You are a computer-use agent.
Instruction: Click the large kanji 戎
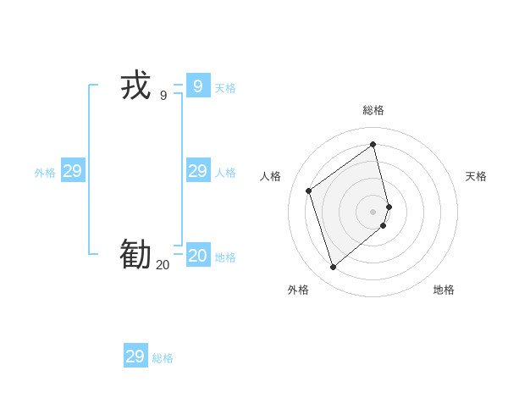tap(135, 86)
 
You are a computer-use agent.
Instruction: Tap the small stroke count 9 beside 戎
tap(163, 96)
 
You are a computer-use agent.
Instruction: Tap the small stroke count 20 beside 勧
tap(163, 265)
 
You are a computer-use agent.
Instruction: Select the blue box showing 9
tap(197, 86)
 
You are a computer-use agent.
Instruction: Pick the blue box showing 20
tap(197, 255)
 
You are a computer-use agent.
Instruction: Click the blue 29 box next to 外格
tap(72, 171)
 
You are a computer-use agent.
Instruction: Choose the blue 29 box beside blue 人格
tap(197, 171)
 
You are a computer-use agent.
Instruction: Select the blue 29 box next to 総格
tap(135, 357)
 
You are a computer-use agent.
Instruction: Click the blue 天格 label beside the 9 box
tap(225, 88)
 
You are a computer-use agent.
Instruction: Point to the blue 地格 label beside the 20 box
tap(225, 257)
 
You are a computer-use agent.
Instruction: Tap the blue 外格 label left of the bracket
tap(45, 173)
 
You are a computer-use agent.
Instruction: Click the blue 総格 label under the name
tap(163, 358)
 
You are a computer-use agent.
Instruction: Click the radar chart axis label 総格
tap(373, 110)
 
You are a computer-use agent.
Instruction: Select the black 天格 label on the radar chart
tap(477, 176)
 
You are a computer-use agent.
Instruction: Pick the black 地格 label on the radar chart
tap(444, 290)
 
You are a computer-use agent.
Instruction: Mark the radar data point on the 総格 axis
tap(373, 144)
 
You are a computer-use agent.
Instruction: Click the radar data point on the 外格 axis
tap(333, 268)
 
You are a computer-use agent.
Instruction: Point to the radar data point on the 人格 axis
tap(309, 191)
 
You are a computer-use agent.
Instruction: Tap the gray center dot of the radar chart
tap(373, 211)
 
